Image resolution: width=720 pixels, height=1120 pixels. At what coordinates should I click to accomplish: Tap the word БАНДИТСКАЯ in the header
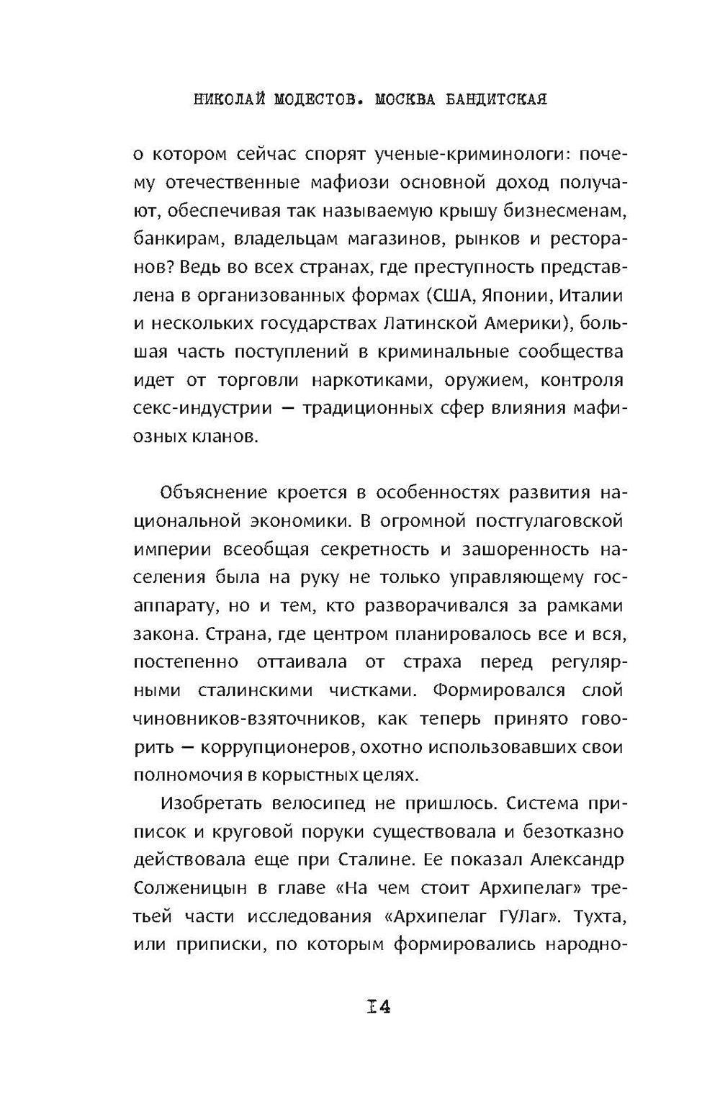[x=494, y=99]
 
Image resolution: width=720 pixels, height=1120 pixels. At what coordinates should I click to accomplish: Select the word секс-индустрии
[x=203, y=408]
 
